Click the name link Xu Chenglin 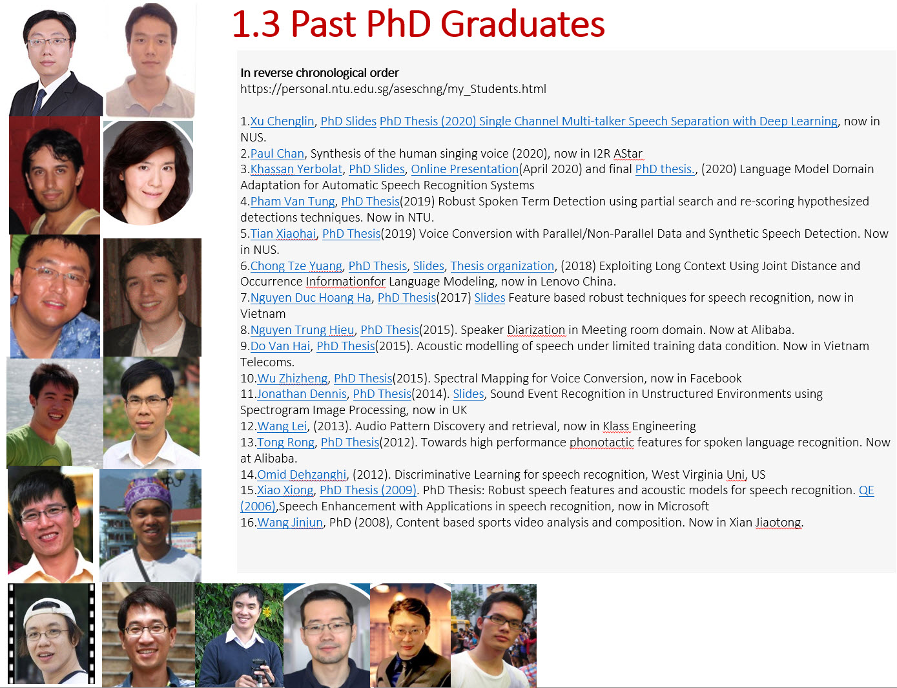pos(282,121)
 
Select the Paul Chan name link pos(277,154)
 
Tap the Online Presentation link pos(464,169)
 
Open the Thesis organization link pos(502,266)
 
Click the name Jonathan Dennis pos(302,394)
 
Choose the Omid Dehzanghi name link pos(302,475)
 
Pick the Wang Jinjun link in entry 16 pos(290,523)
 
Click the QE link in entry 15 pos(866,490)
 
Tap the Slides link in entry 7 pos(490,298)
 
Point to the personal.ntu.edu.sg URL pos(393,89)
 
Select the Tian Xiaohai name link pos(283,234)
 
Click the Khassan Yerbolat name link pos(296,169)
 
